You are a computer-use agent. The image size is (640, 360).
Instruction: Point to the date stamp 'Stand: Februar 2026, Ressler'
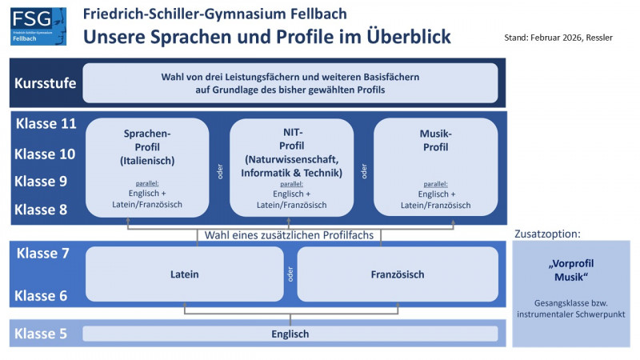click(x=558, y=38)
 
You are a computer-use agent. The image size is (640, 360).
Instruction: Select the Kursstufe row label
click(x=45, y=83)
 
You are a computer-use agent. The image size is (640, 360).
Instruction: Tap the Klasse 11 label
click(x=46, y=124)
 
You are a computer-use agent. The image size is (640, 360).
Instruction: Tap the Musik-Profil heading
click(x=435, y=139)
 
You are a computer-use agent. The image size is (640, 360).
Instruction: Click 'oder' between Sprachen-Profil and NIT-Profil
click(x=219, y=172)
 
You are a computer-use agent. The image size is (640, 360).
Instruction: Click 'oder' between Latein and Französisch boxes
click(x=290, y=274)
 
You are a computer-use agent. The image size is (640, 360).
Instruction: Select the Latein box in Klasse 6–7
click(x=185, y=274)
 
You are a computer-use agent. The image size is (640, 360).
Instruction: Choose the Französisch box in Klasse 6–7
click(x=398, y=274)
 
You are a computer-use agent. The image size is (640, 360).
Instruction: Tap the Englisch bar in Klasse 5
click(x=290, y=334)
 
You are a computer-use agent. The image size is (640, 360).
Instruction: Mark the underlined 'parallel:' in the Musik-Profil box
click(x=436, y=183)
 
